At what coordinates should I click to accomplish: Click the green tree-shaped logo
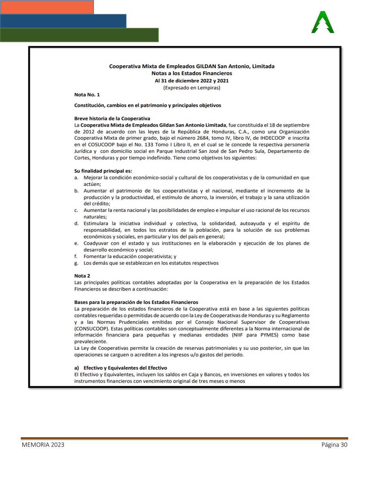(x=323, y=23)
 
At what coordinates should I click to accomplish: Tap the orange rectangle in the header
(x=47, y=7)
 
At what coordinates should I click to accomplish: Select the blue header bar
(x=63, y=21)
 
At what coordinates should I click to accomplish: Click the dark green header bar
(x=79, y=35)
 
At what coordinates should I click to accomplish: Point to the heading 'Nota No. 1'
(x=87, y=95)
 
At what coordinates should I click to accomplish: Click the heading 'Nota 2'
(x=82, y=276)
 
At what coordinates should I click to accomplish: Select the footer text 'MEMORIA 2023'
(x=43, y=445)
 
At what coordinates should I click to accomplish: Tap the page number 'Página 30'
(x=334, y=445)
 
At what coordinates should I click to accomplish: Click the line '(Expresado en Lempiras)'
(x=192, y=88)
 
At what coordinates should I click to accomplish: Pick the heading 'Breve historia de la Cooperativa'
(x=112, y=119)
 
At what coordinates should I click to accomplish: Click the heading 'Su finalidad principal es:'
(x=103, y=171)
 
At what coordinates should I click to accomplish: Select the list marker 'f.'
(x=76, y=257)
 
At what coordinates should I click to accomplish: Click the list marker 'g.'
(x=76, y=263)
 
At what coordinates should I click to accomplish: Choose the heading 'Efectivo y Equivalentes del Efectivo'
(x=125, y=368)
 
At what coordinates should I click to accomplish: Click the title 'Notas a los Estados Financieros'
(x=192, y=73)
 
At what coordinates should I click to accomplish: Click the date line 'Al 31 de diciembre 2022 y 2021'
(x=192, y=81)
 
